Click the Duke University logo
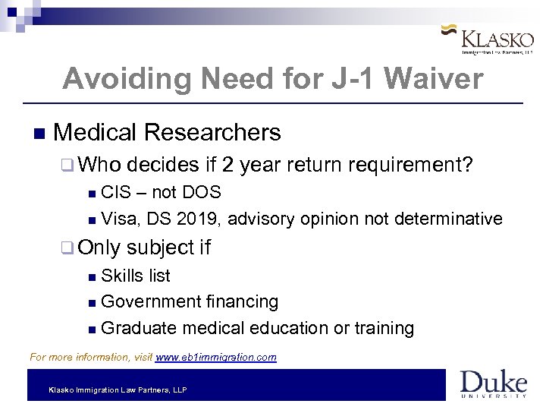tap(493, 383)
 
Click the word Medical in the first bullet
tap(95, 133)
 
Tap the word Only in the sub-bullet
tap(99, 248)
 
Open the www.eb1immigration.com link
tap(216, 357)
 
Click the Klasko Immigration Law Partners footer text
tap(118, 389)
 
